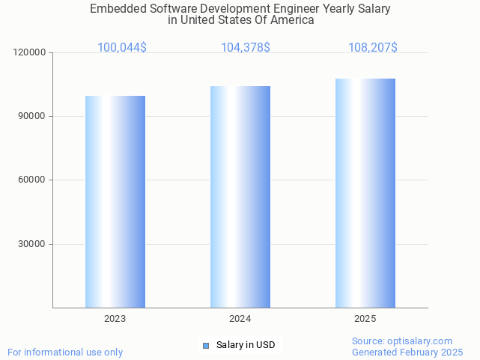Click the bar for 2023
(115, 201)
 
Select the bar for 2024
(240, 196)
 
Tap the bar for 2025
(365, 192)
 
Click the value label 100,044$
(122, 48)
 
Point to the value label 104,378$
(246, 48)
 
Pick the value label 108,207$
(373, 48)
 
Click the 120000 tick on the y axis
(31, 52)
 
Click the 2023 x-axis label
(115, 319)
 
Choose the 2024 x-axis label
(240, 319)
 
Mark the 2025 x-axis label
(365, 319)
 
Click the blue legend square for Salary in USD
(206, 345)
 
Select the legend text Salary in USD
(246, 345)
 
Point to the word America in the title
(291, 20)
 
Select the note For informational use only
(65, 352)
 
